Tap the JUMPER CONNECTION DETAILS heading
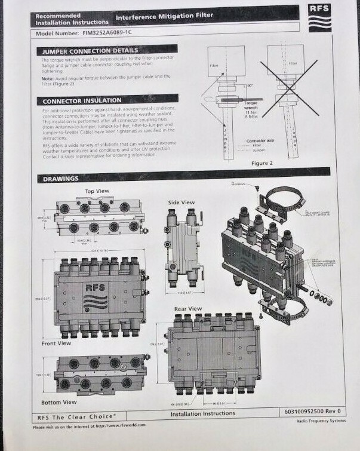pos(91,51)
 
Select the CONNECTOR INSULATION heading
pos(82,100)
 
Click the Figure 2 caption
pos(261,162)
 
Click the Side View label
pos(181,202)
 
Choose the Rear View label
pos(187,308)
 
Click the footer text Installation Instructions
pos(202,413)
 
